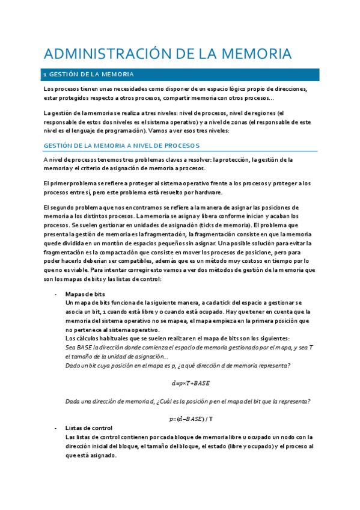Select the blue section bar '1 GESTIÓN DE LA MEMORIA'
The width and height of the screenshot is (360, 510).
[181, 75]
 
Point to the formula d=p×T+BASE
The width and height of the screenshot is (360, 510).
[191, 383]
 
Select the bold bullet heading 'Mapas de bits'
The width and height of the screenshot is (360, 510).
[85, 293]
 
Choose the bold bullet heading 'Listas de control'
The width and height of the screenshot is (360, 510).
[89, 428]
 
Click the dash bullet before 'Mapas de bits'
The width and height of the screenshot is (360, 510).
[55, 293]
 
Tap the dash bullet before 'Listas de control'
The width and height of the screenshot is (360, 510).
[55, 428]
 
